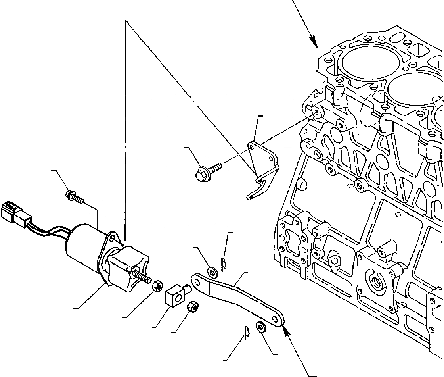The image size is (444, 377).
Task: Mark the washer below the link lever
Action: [x=261, y=327]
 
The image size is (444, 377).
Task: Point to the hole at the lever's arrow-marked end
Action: [x=277, y=319]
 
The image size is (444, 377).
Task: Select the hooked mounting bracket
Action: [x=262, y=165]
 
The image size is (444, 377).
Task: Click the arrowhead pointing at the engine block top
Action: [x=313, y=40]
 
